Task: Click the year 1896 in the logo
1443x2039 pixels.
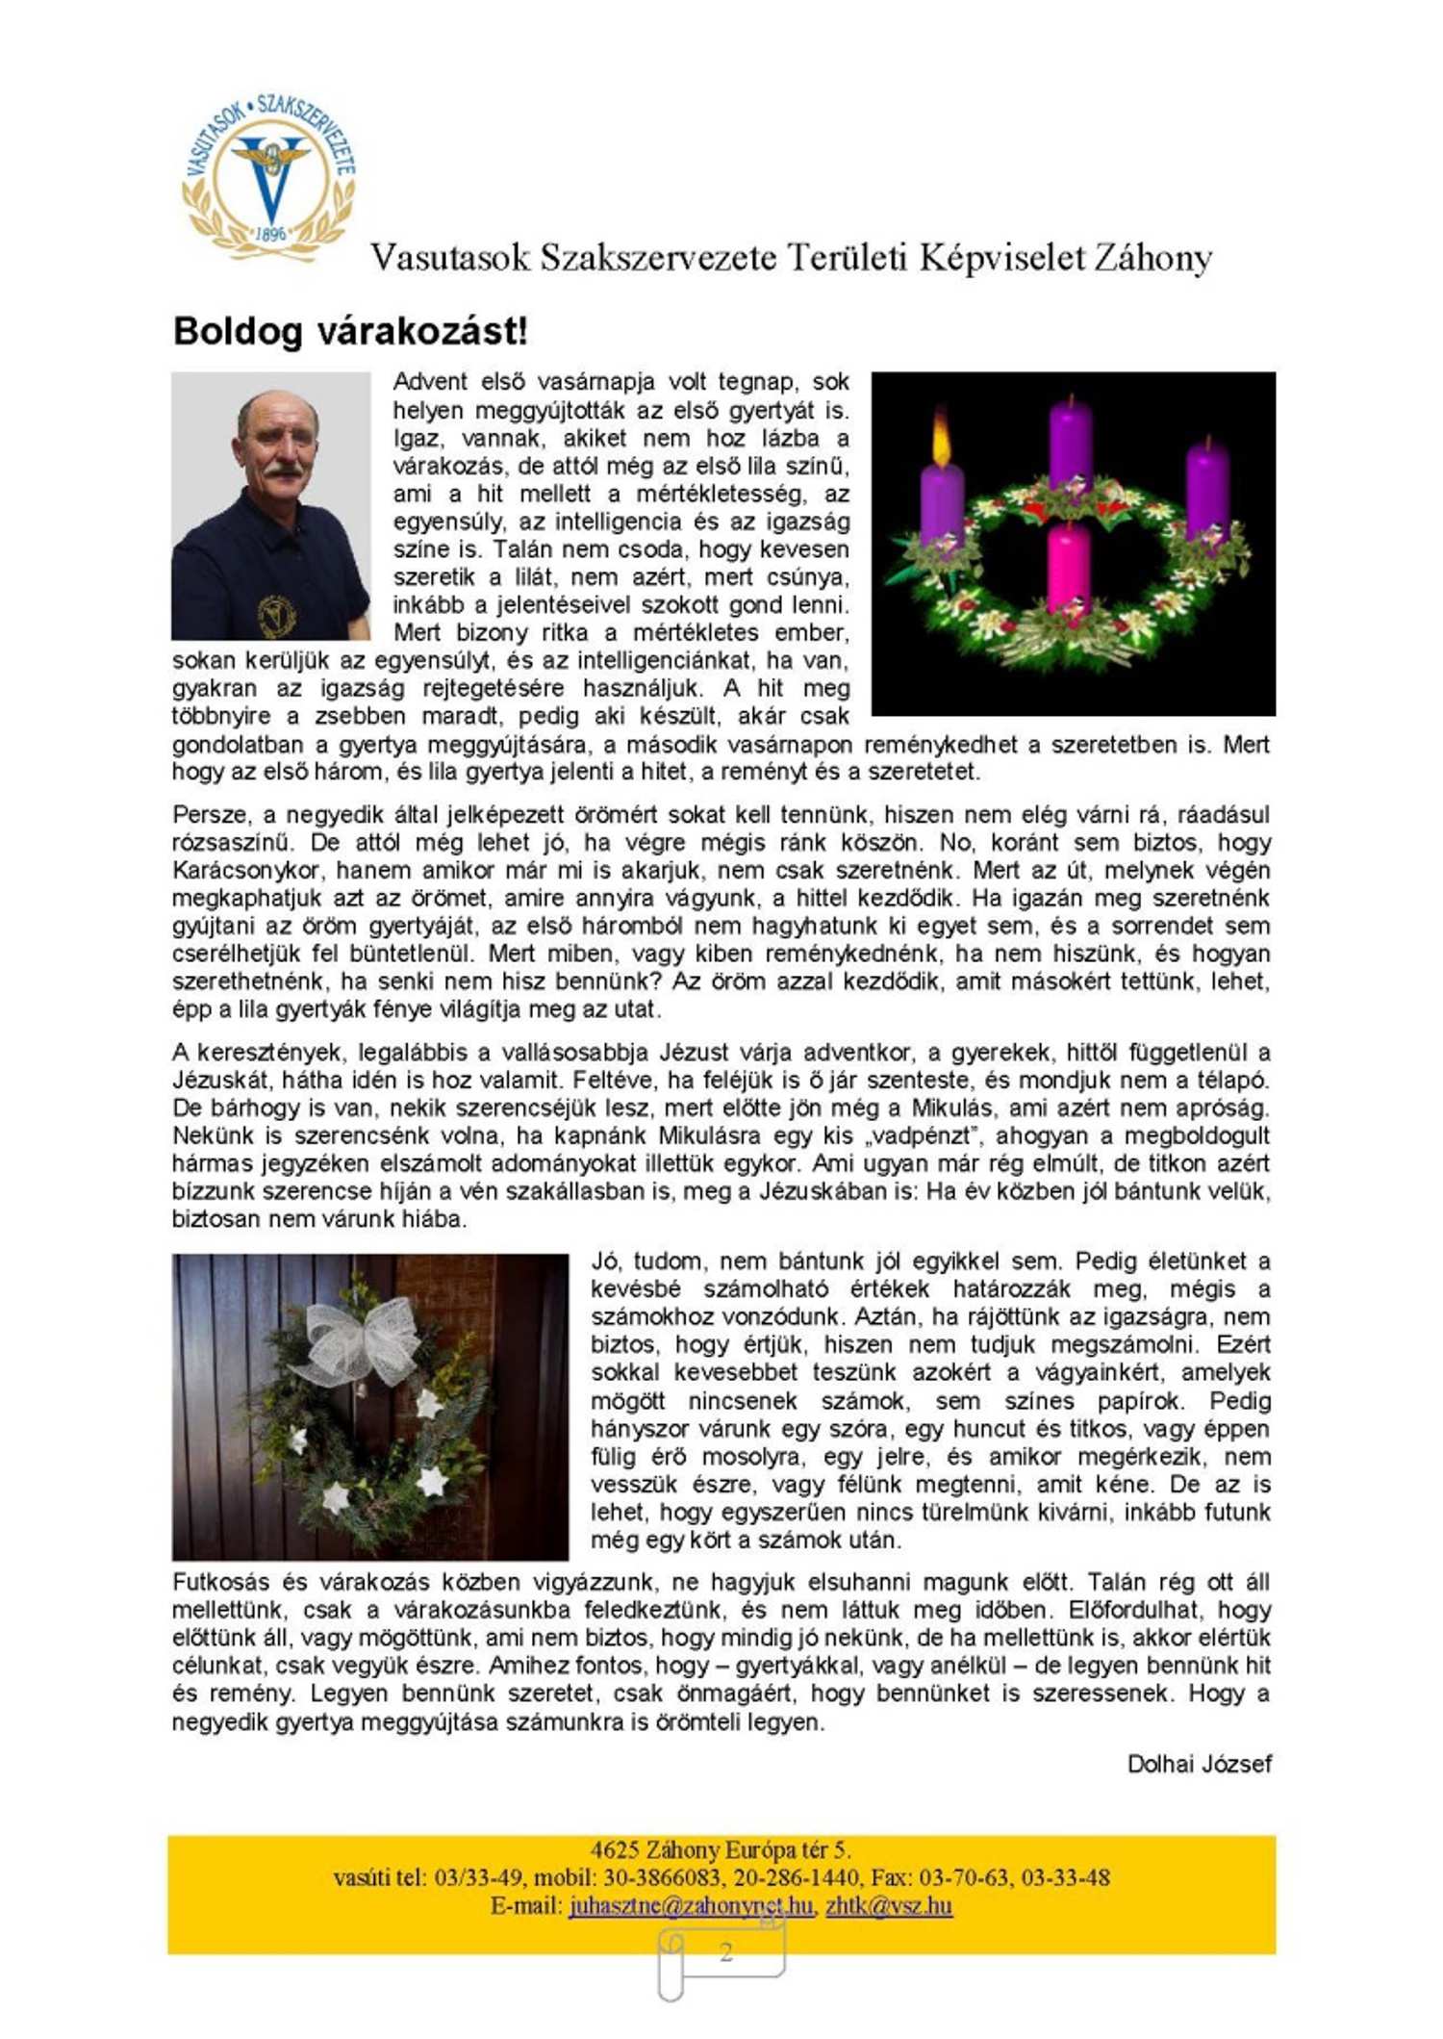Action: pyautogui.click(x=272, y=233)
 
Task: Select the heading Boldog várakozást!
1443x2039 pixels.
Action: pyautogui.click(x=350, y=331)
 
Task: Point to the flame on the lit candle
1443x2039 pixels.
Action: pyautogui.click(x=940, y=435)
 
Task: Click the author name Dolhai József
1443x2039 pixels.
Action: pyautogui.click(x=1199, y=1764)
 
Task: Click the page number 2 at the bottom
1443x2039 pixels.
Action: pyautogui.click(x=725, y=1951)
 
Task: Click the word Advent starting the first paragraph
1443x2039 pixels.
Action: pyautogui.click(x=430, y=382)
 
